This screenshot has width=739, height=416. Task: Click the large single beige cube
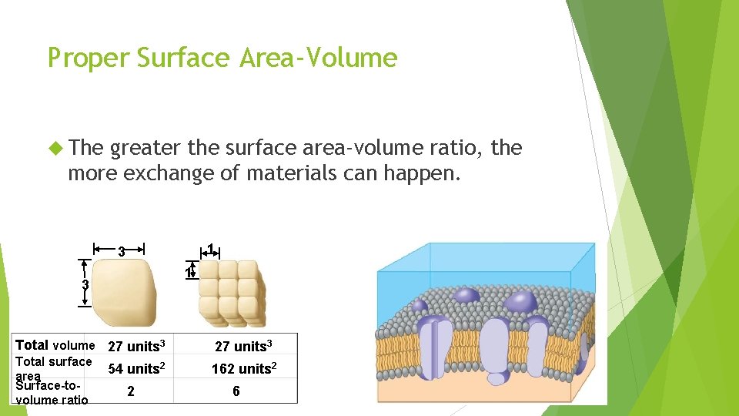click(123, 293)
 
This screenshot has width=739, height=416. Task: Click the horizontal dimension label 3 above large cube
click(121, 250)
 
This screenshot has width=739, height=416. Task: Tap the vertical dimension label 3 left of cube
click(86, 284)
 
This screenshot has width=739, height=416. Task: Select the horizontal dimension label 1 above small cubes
click(211, 248)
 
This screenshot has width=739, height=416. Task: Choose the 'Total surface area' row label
click(53, 366)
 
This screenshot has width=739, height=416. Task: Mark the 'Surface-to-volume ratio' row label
click(52, 392)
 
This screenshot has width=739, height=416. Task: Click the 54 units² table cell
click(137, 369)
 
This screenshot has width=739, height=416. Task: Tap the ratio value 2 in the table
click(131, 391)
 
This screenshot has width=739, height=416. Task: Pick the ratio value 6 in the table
click(236, 391)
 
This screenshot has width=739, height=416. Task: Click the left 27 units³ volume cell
click(137, 346)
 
